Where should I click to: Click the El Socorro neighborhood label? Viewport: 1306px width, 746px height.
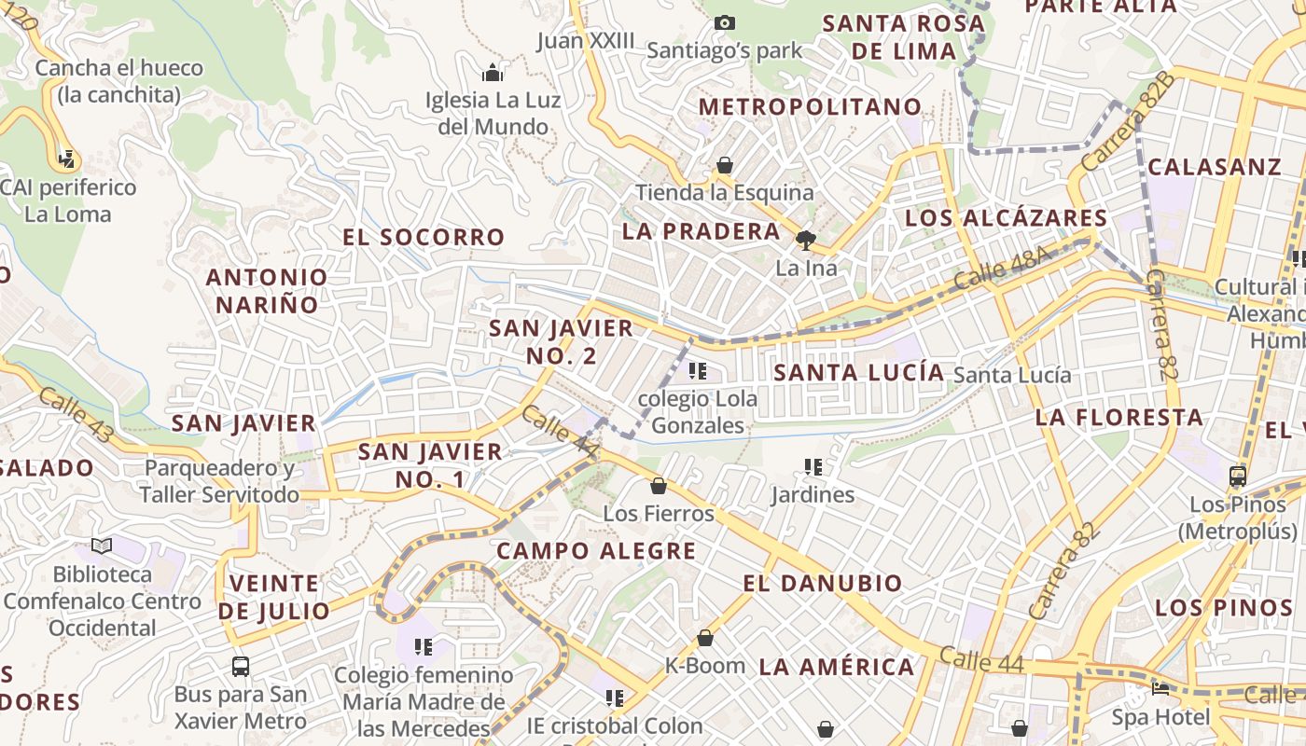click(x=424, y=237)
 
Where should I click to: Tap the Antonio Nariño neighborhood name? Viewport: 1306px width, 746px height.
click(x=267, y=290)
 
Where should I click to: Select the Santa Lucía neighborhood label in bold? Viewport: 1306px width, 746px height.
click(x=859, y=372)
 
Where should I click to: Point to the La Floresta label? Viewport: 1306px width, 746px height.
click(x=1119, y=417)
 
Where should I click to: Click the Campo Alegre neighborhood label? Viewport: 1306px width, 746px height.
click(x=596, y=550)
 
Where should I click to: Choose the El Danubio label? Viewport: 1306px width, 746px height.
click(x=823, y=584)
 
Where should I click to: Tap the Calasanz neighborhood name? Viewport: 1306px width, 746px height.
click(x=1215, y=167)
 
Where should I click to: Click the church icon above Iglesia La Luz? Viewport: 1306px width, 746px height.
click(x=493, y=73)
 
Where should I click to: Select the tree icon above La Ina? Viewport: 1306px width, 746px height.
click(x=805, y=241)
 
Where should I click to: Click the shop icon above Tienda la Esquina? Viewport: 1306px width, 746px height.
click(x=725, y=166)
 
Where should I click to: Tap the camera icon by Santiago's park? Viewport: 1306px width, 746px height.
click(x=725, y=22)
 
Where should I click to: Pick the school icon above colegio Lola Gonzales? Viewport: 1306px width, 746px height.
click(x=697, y=371)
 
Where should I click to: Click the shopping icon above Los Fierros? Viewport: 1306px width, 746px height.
click(x=659, y=486)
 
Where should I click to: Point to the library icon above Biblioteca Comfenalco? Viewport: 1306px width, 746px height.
click(x=102, y=546)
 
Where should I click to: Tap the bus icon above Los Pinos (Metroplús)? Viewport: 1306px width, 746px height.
click(x=1238, y=477)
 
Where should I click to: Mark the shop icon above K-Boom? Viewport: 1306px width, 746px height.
click(x=705, y=638)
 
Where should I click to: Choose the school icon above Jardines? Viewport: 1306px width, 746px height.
click(x=813, y=466)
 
